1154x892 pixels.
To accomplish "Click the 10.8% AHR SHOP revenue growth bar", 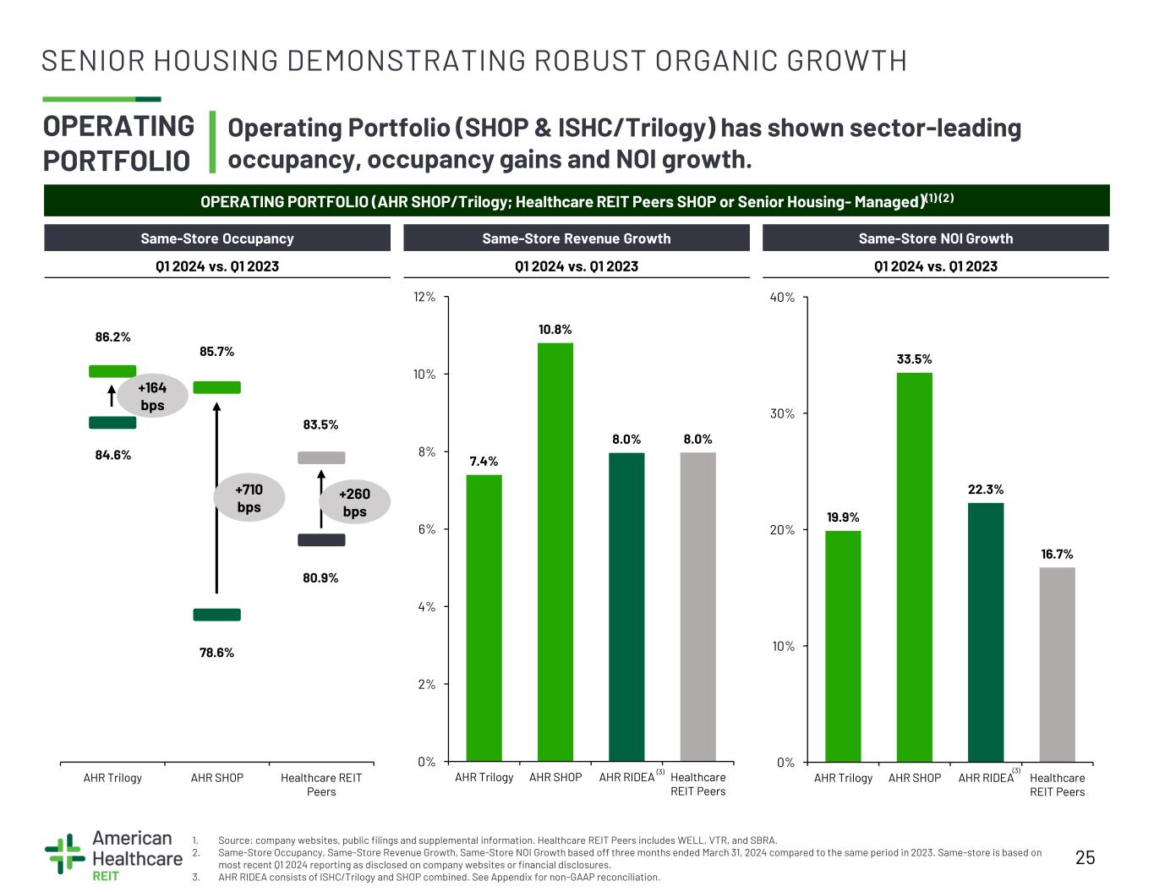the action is point(555,552).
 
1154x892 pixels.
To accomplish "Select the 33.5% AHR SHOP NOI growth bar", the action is point(914,567).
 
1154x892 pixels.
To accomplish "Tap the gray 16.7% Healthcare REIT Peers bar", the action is point(1057,665).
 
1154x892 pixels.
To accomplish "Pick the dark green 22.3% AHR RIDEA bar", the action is point(986,632).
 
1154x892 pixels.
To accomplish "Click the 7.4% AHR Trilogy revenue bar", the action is point(484,618).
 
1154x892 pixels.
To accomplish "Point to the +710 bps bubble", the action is point(249,497).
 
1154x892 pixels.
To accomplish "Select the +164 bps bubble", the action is point(152,396).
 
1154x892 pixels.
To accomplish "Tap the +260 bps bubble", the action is point(355,502).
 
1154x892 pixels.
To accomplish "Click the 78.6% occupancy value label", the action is point(216,653).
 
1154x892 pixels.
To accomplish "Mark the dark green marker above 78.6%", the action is point(216,615).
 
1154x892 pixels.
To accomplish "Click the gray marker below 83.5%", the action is point(321,457).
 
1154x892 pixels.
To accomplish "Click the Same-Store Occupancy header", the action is point(217,238).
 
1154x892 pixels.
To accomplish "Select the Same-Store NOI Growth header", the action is point(936,238).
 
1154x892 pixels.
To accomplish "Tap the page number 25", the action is point(1085,857).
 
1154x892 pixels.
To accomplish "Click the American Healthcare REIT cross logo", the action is point(65,854).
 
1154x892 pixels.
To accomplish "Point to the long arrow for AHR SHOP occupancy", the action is point(216,497).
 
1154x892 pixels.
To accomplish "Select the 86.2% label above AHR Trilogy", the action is point(112,337).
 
